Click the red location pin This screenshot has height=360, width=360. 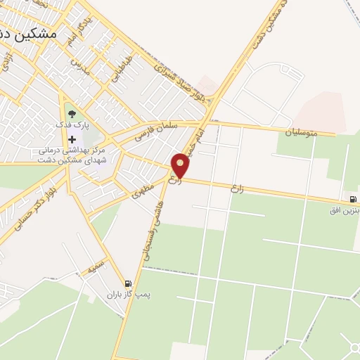point(181,165)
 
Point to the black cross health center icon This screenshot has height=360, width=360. point(72,139)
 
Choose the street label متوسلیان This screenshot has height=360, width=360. point(300,131)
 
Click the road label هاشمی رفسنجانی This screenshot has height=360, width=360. point(155,232)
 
